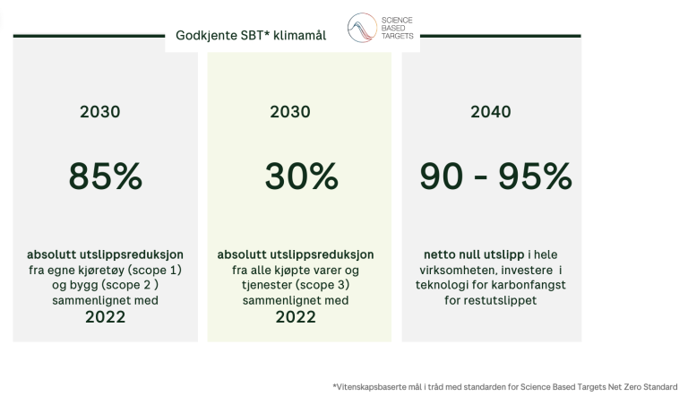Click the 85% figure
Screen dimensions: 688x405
(106, 176)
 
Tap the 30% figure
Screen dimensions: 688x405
(301, 176)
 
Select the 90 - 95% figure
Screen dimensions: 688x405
(495, 176)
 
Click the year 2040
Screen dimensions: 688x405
(491, 112)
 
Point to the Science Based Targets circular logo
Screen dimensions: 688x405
(362, 28)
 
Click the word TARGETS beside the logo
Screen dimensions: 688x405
(397, 36)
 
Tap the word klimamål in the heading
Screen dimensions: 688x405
(300, 35)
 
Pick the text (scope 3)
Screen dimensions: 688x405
(322, 285)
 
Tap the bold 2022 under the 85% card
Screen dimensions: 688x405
(106, 317)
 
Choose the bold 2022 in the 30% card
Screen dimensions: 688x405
(296, 317)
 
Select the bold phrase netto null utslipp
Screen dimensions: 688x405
(474, 255)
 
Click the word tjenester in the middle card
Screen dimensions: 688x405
(266, 285)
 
